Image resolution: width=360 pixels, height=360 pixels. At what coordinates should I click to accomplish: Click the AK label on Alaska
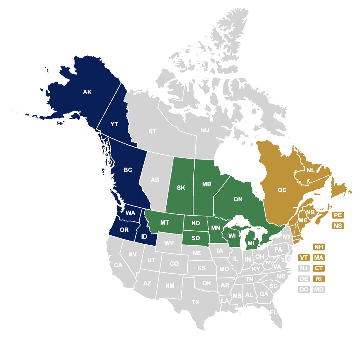(x=87, y=92)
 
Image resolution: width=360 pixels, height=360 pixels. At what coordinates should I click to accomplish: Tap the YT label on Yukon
(x=114, y=124)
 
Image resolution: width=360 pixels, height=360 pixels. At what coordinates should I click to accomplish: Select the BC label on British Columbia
(x=128, y=170)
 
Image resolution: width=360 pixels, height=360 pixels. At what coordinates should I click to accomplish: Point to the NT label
(x=152, y=131)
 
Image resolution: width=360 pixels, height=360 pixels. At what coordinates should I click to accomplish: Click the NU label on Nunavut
(x=205, y=130)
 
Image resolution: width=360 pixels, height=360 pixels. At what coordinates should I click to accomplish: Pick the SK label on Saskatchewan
(x=181, y=188)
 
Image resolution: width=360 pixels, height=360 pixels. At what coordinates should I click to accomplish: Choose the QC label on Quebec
(x=282, y=190)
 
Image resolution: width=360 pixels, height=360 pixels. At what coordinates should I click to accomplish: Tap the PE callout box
(x=338, y=215)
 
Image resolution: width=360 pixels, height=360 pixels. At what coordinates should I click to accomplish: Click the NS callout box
(x=338, y=226)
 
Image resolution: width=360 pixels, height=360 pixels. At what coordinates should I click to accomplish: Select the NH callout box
(x=319, y=247)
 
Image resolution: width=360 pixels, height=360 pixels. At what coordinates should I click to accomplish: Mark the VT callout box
(x=304, y=258)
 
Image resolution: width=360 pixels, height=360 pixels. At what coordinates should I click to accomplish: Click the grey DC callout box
(x=304, y=290)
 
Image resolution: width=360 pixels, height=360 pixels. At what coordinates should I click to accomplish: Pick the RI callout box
(x=319, y=279)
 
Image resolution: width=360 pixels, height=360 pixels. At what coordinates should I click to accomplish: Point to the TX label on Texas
(x=196, y=302)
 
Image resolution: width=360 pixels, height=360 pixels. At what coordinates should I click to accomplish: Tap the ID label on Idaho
(x=144, y=237)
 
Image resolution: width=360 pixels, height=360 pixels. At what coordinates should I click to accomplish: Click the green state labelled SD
(x=196, y=238)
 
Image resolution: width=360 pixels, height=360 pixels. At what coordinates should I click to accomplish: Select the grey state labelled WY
(x=169, y=243)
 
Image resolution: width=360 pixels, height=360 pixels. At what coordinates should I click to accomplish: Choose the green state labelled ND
(x=196, y=223)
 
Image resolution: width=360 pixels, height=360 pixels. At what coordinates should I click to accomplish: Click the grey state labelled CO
(x=174, y=264)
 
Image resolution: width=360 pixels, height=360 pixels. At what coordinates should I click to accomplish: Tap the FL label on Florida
(x=273, y=313)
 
